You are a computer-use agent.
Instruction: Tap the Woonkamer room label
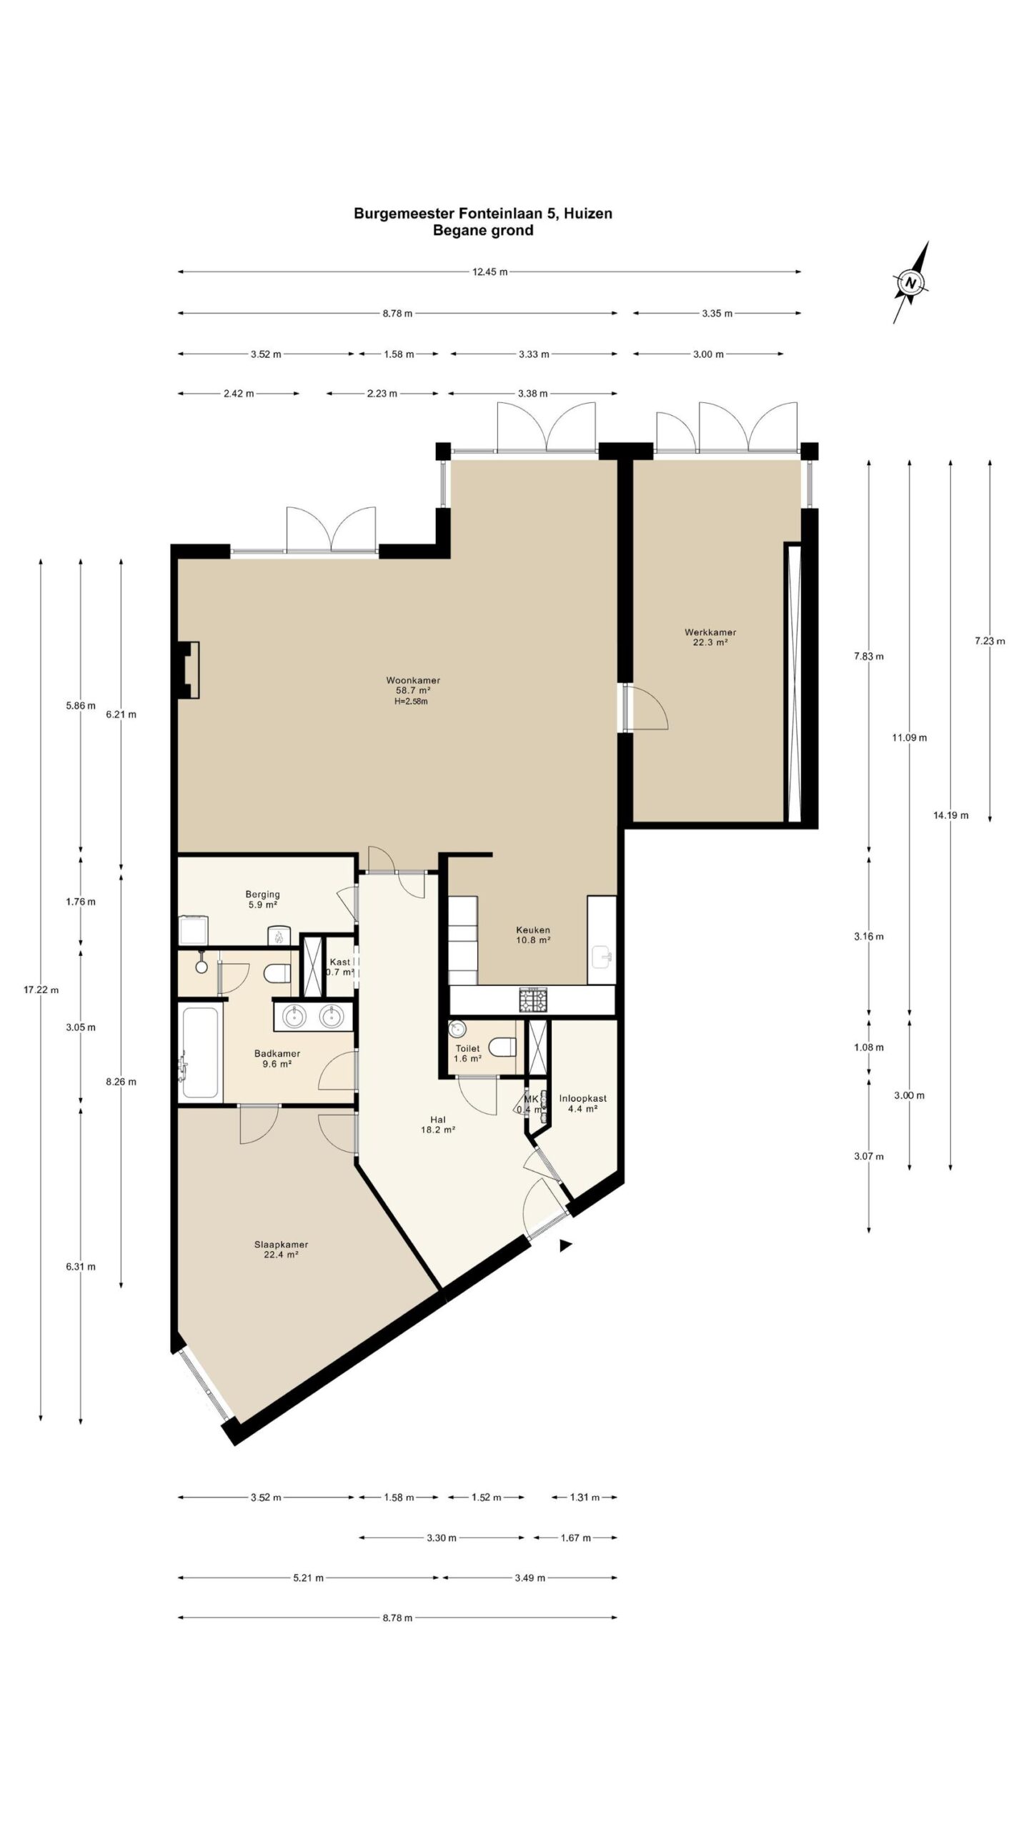(408, 680)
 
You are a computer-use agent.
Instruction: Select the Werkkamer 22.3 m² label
(710, 637)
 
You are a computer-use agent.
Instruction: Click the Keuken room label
(533, 930)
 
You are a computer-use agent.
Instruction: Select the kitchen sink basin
(602, 955)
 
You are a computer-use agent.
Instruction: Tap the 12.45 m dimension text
(489, 271)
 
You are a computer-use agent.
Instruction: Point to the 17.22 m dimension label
(41, 990)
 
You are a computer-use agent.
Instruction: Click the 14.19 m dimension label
(950, 814)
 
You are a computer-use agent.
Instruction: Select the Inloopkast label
(582, 1098)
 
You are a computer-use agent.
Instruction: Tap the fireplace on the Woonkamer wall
(189, 669)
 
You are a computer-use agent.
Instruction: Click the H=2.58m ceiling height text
(411, 701)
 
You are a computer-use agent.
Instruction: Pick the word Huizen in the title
(589, 213)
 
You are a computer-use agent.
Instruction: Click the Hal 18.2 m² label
(438, 1125)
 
